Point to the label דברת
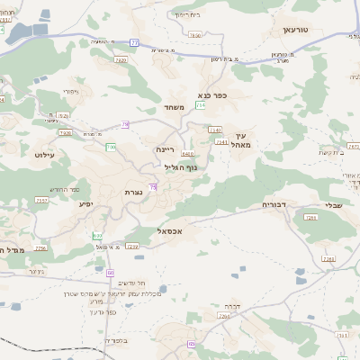[x=236, y=304]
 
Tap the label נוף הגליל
[x=181, y=166]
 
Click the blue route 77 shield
[x=135, y=41]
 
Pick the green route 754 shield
[x=200, y=105]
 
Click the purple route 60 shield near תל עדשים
[x=111, y=271]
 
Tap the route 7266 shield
[x=328, y=259]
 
